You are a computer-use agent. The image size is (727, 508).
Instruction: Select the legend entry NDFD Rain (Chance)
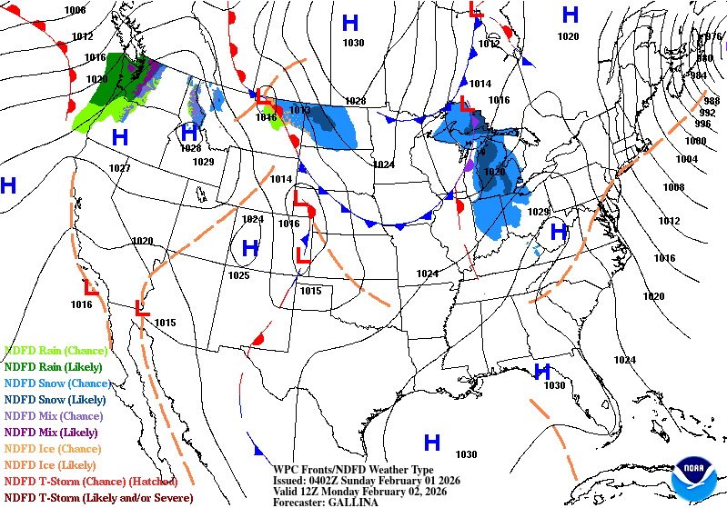pos(56,350)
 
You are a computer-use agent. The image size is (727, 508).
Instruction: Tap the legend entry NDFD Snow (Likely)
pos(56,399)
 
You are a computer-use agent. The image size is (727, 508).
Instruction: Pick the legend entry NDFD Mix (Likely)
pos(51,432)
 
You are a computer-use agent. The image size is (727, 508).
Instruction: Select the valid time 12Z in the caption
pos(317,491)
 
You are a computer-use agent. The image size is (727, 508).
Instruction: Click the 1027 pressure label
pos(119,168)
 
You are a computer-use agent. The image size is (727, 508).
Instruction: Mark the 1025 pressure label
pos(238,274)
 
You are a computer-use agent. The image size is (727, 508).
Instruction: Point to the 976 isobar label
pos(714,37)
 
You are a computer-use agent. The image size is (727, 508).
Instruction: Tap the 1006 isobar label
pos(76,10)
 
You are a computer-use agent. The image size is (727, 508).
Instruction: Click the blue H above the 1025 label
pos(250,249)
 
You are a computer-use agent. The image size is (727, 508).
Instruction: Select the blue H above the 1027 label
pos(119,138)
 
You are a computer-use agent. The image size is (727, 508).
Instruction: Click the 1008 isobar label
pos(673,187)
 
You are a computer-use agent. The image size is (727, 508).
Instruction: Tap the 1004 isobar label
pos(687,159)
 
